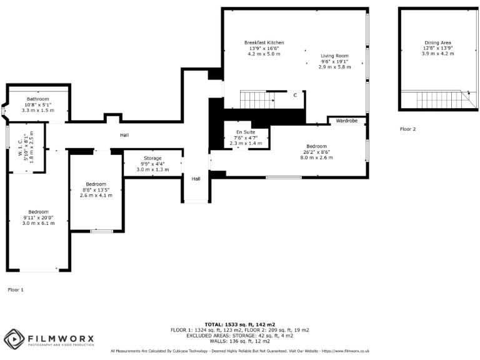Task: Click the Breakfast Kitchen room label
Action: [264, 42]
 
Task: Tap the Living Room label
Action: [334, 56]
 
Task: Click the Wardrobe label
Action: [346, 120]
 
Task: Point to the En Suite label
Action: [246, 132]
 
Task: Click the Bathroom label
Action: [37, 99]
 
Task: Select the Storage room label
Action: [152, 158]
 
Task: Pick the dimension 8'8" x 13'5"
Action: [96, 189]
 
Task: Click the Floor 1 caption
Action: [16, 290]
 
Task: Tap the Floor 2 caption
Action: [407, 129]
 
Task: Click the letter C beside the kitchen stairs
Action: [295, 95]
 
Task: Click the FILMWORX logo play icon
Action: [14, 340]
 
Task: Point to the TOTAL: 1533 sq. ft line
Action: [239, 324]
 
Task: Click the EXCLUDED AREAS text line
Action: [239, 336]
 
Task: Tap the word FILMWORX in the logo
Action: [61, 338]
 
